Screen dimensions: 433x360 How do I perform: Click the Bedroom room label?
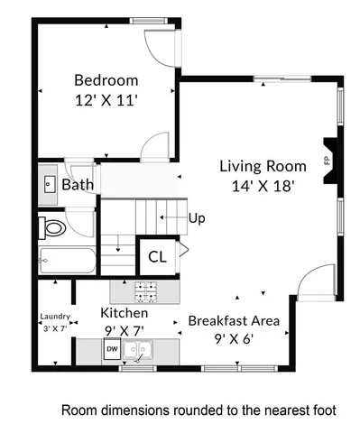106,78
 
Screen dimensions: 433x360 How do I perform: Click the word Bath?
78,186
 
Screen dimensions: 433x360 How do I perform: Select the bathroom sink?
49,184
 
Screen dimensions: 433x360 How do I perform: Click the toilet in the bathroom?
52,227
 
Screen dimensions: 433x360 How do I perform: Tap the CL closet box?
156,256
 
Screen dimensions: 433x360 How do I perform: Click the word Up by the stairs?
198,218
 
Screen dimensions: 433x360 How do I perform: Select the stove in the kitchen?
145,291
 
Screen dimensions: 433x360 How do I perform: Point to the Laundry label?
54,318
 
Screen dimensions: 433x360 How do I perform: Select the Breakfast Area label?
234,319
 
